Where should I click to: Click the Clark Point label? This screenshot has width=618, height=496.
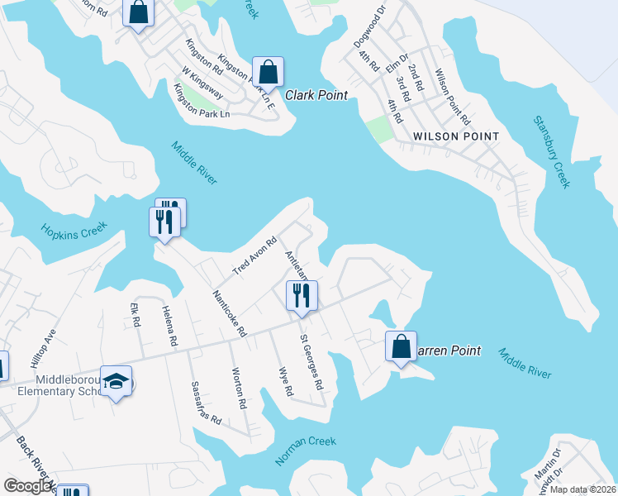316,95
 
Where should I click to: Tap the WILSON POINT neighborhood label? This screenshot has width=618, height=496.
456,136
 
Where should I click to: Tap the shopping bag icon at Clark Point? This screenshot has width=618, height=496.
269,72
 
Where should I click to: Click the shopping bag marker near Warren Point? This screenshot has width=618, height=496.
401,346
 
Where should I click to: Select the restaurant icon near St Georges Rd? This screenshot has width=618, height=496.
302,295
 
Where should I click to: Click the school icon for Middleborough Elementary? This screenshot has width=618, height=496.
116,381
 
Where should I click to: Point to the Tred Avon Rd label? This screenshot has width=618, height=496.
254,257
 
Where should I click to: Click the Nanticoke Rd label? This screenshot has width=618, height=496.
230,312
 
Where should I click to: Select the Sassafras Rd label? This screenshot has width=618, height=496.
207,403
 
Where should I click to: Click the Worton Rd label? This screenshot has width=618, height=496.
239,389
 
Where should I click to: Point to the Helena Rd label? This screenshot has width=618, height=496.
169,325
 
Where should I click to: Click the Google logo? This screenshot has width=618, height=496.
28,487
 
